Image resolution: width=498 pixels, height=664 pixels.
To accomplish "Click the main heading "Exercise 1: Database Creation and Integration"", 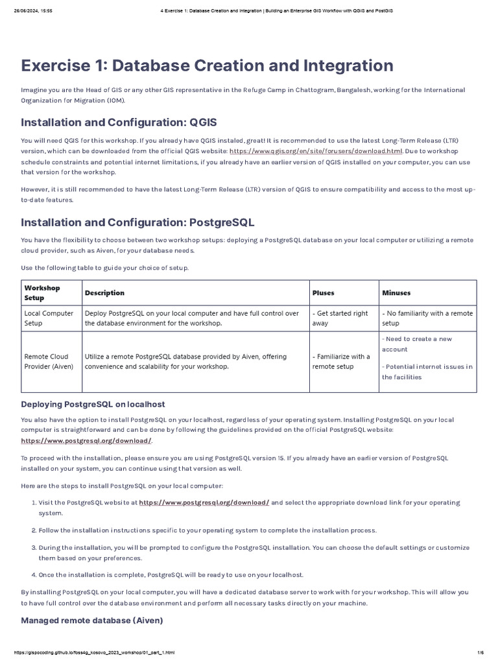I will pyautogui.click(x=207, y=65).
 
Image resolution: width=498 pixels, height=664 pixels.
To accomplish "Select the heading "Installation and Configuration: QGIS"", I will pyautogui.click(x=119, y=123).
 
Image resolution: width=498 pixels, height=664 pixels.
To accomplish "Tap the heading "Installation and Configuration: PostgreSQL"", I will pyautogui.click(x=137, y=222).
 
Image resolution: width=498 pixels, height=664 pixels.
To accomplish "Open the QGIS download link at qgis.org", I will pyautogui.click(x=316, y=150).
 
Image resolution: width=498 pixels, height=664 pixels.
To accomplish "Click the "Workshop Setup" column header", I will pyautogui.click(x=42, y=292).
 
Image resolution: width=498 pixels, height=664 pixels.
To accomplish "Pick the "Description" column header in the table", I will pyautogui.click(x=104, y=293).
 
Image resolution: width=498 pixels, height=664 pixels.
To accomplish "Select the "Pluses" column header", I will pyautogui.click(x=323, y=293).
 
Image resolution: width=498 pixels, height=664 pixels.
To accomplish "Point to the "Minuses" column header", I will pyautogui.click(x=396, y=293).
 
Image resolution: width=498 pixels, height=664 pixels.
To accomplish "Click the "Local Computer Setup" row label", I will pyautogui.click(x=49, y=318).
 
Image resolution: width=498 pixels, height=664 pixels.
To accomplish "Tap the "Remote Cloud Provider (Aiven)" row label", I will pyautogui.click(x=49, y=361).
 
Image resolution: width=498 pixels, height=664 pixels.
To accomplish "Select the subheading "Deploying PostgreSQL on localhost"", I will pyautogui.click(x=93, y=404).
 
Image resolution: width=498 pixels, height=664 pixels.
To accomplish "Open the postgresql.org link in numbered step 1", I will pyautogui.click(x=204, y=503).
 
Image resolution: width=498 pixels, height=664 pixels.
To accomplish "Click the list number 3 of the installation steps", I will pyautogui.click(x=33, y=547).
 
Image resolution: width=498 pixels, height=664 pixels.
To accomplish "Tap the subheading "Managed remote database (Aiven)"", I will pyautogui.click(x=91, y=621).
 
